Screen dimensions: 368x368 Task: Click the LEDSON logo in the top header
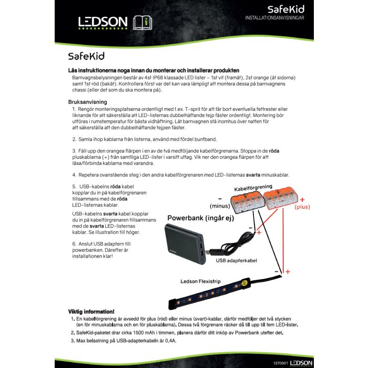(103, 22)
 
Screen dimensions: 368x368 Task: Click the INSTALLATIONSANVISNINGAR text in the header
(274, 18)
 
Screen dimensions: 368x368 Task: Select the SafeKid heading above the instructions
(86, 55)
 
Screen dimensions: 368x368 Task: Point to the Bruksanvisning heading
(88, 101)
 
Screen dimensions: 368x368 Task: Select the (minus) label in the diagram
(220, 206)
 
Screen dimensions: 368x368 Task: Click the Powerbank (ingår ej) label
(200, 218)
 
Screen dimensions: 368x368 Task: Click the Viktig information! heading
(91, 311)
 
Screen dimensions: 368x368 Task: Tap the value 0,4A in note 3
(169, 341)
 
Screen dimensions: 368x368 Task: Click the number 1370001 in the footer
(281, 363)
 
